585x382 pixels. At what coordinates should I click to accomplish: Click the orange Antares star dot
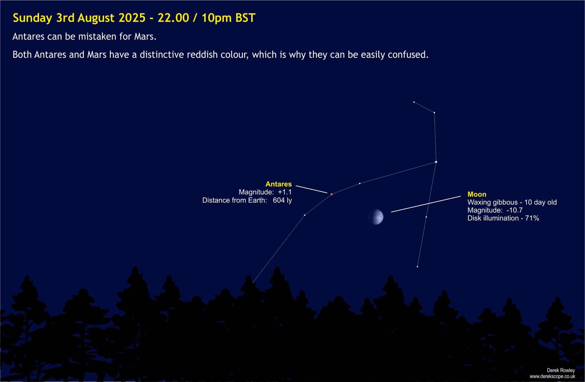[x=332, y=194]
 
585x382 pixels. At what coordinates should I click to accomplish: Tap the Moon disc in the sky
[x=376, y=217]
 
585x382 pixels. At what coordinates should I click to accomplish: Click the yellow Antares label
[x=278, y=184]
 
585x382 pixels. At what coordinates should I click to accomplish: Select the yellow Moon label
[x=477, y=194]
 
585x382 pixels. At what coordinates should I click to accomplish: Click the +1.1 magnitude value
[x=285, y=192]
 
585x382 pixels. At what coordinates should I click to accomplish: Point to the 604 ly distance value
[x=282, y=200]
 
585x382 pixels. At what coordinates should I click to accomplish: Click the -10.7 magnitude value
[x=514, y=210]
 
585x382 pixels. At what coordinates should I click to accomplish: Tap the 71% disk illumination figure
[x=532, y=218]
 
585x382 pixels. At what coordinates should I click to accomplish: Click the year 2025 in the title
[x=132, y=18]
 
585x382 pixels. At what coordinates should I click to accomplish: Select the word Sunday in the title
[x=33, y=18]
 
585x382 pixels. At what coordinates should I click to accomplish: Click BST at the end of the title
[x=245, y=18]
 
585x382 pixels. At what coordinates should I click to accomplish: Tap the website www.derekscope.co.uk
[x=552, y=376]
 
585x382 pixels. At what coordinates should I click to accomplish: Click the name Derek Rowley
[x=561, y=370]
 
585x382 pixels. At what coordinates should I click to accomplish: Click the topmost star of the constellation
[x=414, y=102]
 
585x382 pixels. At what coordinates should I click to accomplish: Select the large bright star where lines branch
[x=436, y=162]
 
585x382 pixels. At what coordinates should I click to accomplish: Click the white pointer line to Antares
[x=311, y=189]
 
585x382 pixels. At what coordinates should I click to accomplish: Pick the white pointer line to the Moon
[x=426, y=204]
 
